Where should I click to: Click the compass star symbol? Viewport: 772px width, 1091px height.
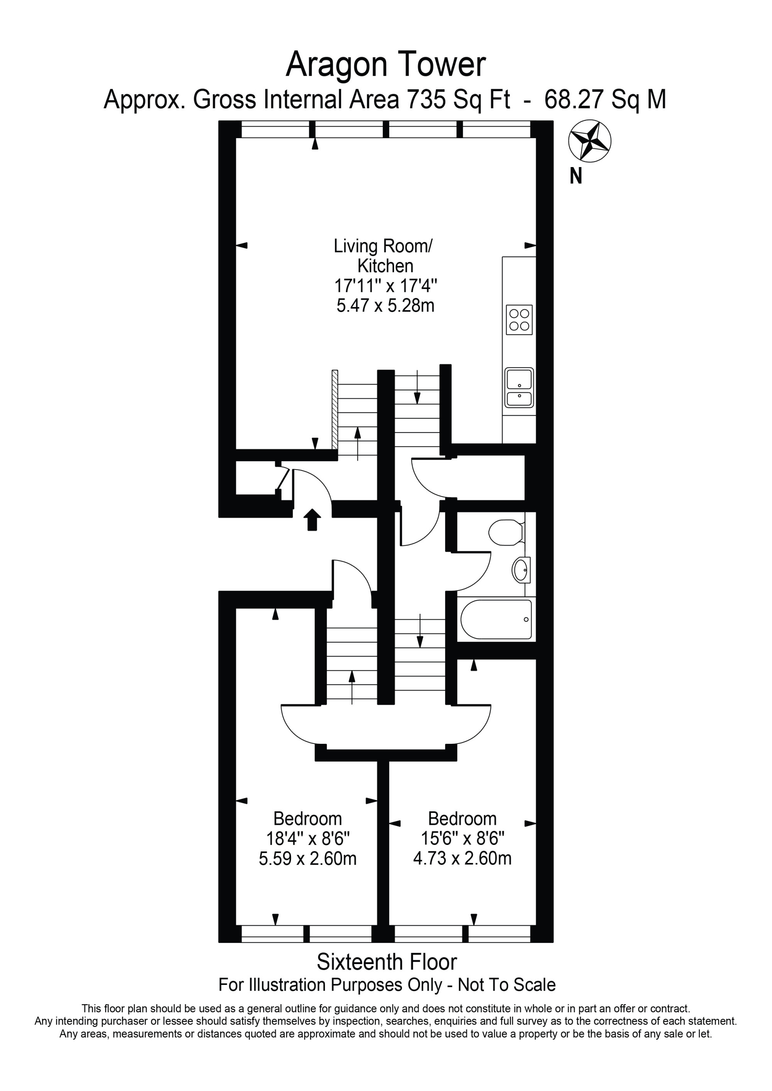(x=589, y=141)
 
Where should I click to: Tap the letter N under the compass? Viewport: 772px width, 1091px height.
(x=576, y=177)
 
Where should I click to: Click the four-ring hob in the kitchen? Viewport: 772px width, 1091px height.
(x=519, y=320)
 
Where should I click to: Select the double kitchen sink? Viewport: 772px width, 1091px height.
(x=519, y=388)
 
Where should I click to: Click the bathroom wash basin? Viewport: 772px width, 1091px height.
(x=521, y=570)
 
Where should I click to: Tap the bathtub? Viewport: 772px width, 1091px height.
(x=496, y=620)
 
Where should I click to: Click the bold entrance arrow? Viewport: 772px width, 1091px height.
(x=312, y=519)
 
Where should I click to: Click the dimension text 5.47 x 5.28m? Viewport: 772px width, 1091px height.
(x=385, y=306)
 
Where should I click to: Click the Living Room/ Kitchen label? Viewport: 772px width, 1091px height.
(x=383, y=256)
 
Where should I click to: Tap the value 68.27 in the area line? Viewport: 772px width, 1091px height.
(x=574, y=100)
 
